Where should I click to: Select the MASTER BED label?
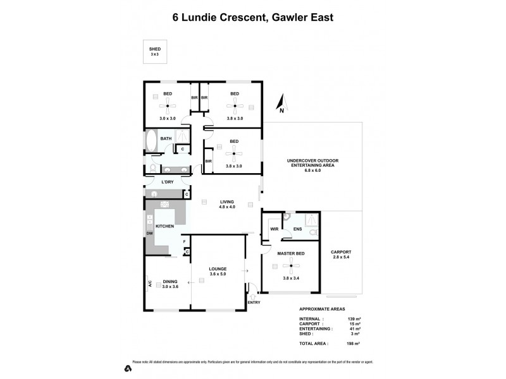click(x=290, y=254)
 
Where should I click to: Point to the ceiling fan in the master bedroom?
click(x=292, y=266)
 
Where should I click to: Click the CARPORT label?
click(x=341, y=252)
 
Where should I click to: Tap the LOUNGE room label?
click(x=218, y=269)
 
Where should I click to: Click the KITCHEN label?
click(x=164, y=226)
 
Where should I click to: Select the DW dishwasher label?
click(x=150, y=234)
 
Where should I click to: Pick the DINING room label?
click(x=170, y=282)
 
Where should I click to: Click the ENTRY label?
click(x=254, y=302)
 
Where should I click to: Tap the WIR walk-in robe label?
click(x=275, y=229)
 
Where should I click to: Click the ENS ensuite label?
click(x=297, y=229)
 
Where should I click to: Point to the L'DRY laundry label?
click(x=168, y=183)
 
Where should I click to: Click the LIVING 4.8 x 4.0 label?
click(x=226, y=204)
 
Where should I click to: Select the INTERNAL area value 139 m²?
click(x=345, y=318)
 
